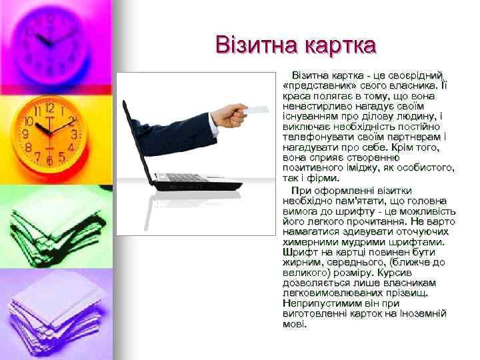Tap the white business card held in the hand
pos(257,107)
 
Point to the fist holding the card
pos(233,116)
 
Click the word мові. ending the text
pos(295,324)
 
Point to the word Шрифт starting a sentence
pos(298,253)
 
